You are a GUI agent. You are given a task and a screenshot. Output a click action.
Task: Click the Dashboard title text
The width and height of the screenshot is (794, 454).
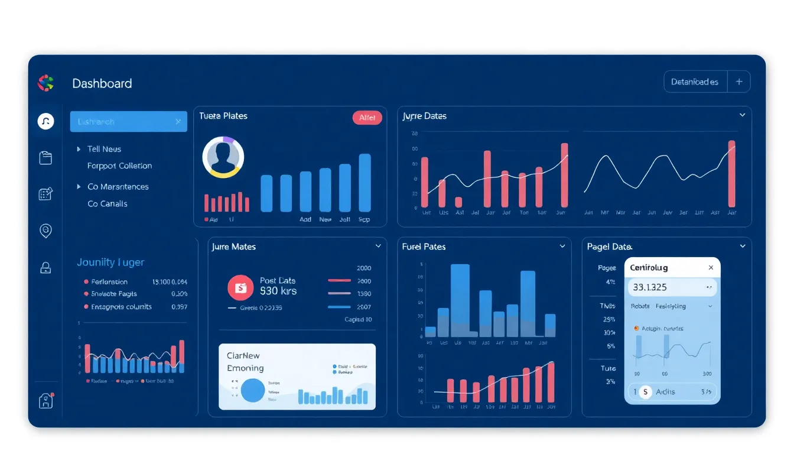coord(102,83)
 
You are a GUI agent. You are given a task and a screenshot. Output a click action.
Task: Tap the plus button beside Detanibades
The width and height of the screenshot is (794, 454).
coord(738,82)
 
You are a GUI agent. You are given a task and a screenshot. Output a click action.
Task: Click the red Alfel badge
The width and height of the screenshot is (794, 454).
coord(367,118)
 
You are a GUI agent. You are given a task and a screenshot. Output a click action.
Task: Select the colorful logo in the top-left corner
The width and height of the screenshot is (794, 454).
coord(45,83)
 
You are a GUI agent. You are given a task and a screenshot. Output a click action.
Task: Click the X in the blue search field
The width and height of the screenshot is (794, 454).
coord(178,122)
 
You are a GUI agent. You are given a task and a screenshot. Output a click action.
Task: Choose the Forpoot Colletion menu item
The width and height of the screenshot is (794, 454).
coord(119,166)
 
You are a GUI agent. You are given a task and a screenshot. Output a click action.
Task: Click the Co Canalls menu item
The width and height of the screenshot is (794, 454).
coord(107,204)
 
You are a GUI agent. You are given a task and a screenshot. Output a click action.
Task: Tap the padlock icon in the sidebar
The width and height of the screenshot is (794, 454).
coord(45,268)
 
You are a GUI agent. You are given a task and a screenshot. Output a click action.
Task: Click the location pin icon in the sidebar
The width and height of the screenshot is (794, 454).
coord(45,231)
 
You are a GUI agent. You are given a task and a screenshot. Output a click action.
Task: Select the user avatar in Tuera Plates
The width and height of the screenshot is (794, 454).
coord(223,157)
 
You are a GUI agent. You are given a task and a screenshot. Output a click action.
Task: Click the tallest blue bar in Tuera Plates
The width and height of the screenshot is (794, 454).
coord(365,183)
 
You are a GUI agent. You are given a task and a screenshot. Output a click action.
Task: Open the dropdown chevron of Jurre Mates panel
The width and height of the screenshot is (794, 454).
coord(378,246)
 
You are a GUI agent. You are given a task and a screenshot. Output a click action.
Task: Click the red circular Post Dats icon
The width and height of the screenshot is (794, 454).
coord(240,287)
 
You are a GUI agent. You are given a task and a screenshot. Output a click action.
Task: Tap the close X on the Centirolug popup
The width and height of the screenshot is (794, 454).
coord(711,268)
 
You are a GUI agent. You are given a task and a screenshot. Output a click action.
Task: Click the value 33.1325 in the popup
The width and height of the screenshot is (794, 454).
coord(650,288)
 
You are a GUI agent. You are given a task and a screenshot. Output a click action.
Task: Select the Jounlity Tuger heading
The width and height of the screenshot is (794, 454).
coord(110,262)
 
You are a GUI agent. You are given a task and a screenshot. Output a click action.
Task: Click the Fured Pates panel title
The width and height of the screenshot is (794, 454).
coord(424,247)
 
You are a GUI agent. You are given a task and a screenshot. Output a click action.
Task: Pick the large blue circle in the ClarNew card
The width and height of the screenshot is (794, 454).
coord(252,391)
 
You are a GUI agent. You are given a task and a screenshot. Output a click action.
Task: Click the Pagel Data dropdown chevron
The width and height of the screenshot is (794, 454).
coord(743,246)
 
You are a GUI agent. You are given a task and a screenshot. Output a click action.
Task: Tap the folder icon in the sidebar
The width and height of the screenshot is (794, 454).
coord(45,158)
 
